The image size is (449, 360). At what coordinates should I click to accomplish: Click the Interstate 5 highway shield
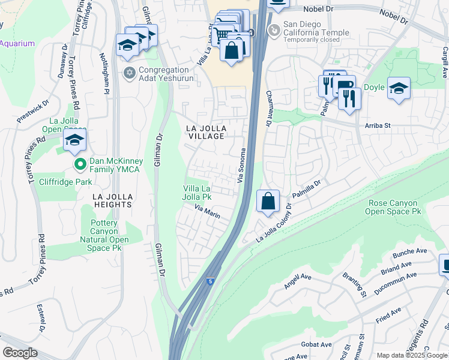pos(209,281)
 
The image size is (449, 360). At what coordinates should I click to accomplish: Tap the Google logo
pos(19,353)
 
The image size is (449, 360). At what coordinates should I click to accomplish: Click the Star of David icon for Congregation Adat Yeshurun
pos(128,73)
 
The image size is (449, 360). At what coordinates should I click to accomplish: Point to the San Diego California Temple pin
pos(274,28)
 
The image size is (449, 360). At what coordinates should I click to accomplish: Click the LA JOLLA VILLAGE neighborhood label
pos(205,132)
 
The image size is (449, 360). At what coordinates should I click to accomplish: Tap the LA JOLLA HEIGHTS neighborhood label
pos(112,200)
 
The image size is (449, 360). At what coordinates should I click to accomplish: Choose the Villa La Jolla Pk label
pos(197,192)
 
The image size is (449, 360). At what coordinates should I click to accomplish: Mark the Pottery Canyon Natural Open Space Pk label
pos(109,235)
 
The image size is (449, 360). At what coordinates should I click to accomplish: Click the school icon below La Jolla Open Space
pos(74,140)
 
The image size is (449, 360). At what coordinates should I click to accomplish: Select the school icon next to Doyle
pos(399,88)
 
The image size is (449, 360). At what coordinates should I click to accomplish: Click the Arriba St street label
pos(379,125)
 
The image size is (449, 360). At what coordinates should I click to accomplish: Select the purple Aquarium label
pos(17,43)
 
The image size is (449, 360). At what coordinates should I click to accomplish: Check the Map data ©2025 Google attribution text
pos(411,355)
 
